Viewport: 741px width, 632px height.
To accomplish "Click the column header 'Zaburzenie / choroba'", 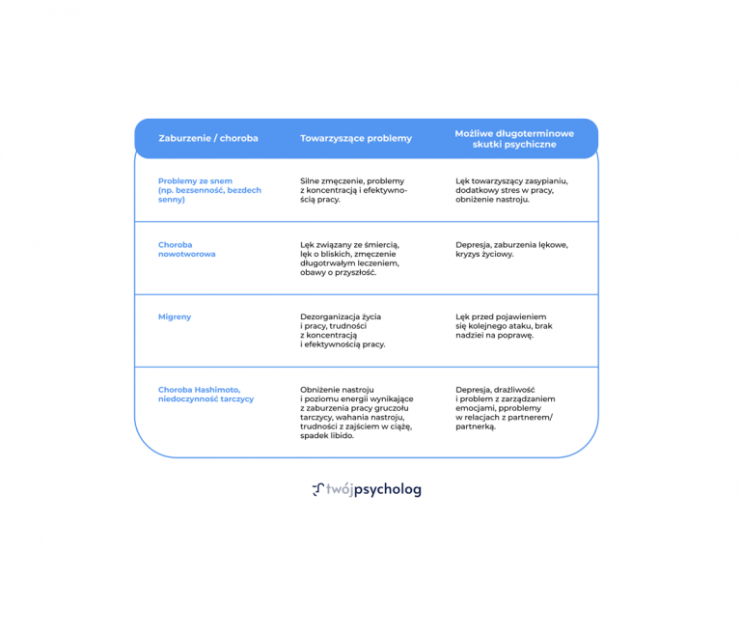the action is [x=208, y=139].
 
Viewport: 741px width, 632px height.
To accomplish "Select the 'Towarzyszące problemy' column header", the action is [x=356, y=139].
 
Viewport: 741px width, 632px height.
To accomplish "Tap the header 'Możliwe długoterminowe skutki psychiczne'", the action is [x=514, y=139].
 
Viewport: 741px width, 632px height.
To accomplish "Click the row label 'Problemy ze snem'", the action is [x=195, y=181].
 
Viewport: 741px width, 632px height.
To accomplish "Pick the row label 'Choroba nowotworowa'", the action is [x=186, y=249].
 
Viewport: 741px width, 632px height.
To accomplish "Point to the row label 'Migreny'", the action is [x=175, y=316].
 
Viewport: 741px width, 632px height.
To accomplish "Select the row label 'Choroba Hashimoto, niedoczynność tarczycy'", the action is [x=206, y=395].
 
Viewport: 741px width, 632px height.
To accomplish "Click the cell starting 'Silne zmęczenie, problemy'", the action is [x=353, y=190].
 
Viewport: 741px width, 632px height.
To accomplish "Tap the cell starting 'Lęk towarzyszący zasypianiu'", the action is [x=511, y=190].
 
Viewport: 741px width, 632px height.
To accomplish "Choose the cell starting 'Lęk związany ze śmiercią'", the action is [x=349, y=259].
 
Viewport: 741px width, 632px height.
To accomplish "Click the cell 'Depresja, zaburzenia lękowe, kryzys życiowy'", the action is [x=511, y=249].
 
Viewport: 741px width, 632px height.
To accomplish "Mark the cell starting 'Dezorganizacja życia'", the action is [x=343, y=330].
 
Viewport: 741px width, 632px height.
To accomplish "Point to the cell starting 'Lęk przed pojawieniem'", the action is [x=504, y=326].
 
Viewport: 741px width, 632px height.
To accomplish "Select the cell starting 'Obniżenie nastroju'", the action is [x=357, y=413].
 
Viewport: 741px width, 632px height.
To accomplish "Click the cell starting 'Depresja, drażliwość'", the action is [x=506, y=408].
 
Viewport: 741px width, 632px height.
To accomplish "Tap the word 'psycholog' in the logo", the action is [x=388, y=490].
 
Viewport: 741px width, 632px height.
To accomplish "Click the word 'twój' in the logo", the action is [x=340, y=489].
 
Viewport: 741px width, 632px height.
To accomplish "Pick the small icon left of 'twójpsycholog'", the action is [x=318, y=490].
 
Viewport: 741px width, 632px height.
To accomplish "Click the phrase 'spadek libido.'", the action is [x=327, y=436].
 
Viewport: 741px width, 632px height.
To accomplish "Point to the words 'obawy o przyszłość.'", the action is [x=339, y=273].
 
